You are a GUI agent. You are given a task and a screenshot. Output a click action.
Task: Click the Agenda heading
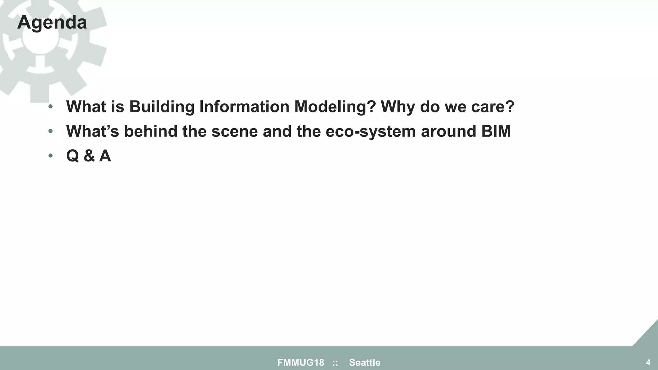52,22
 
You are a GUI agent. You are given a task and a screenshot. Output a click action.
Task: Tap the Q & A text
88,156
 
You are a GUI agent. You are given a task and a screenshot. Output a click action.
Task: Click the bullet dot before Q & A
50,156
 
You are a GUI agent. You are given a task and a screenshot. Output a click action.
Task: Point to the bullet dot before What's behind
50,131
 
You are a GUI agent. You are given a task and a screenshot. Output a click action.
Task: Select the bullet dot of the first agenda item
50,107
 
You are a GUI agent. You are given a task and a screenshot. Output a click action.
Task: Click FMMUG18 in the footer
301,363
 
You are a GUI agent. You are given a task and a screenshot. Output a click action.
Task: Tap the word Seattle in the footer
365,363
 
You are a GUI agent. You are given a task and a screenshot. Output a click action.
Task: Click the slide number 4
648,363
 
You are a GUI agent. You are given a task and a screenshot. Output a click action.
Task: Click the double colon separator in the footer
335,363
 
